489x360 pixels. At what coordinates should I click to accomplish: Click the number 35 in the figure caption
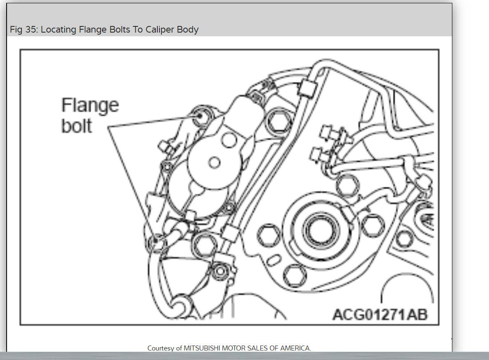click(31, 29)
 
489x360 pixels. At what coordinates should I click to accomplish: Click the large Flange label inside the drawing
click(90, 105)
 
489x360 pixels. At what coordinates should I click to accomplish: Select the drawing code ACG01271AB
click(380, 314)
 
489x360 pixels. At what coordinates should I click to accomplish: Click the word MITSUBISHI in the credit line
click(202, 348)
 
